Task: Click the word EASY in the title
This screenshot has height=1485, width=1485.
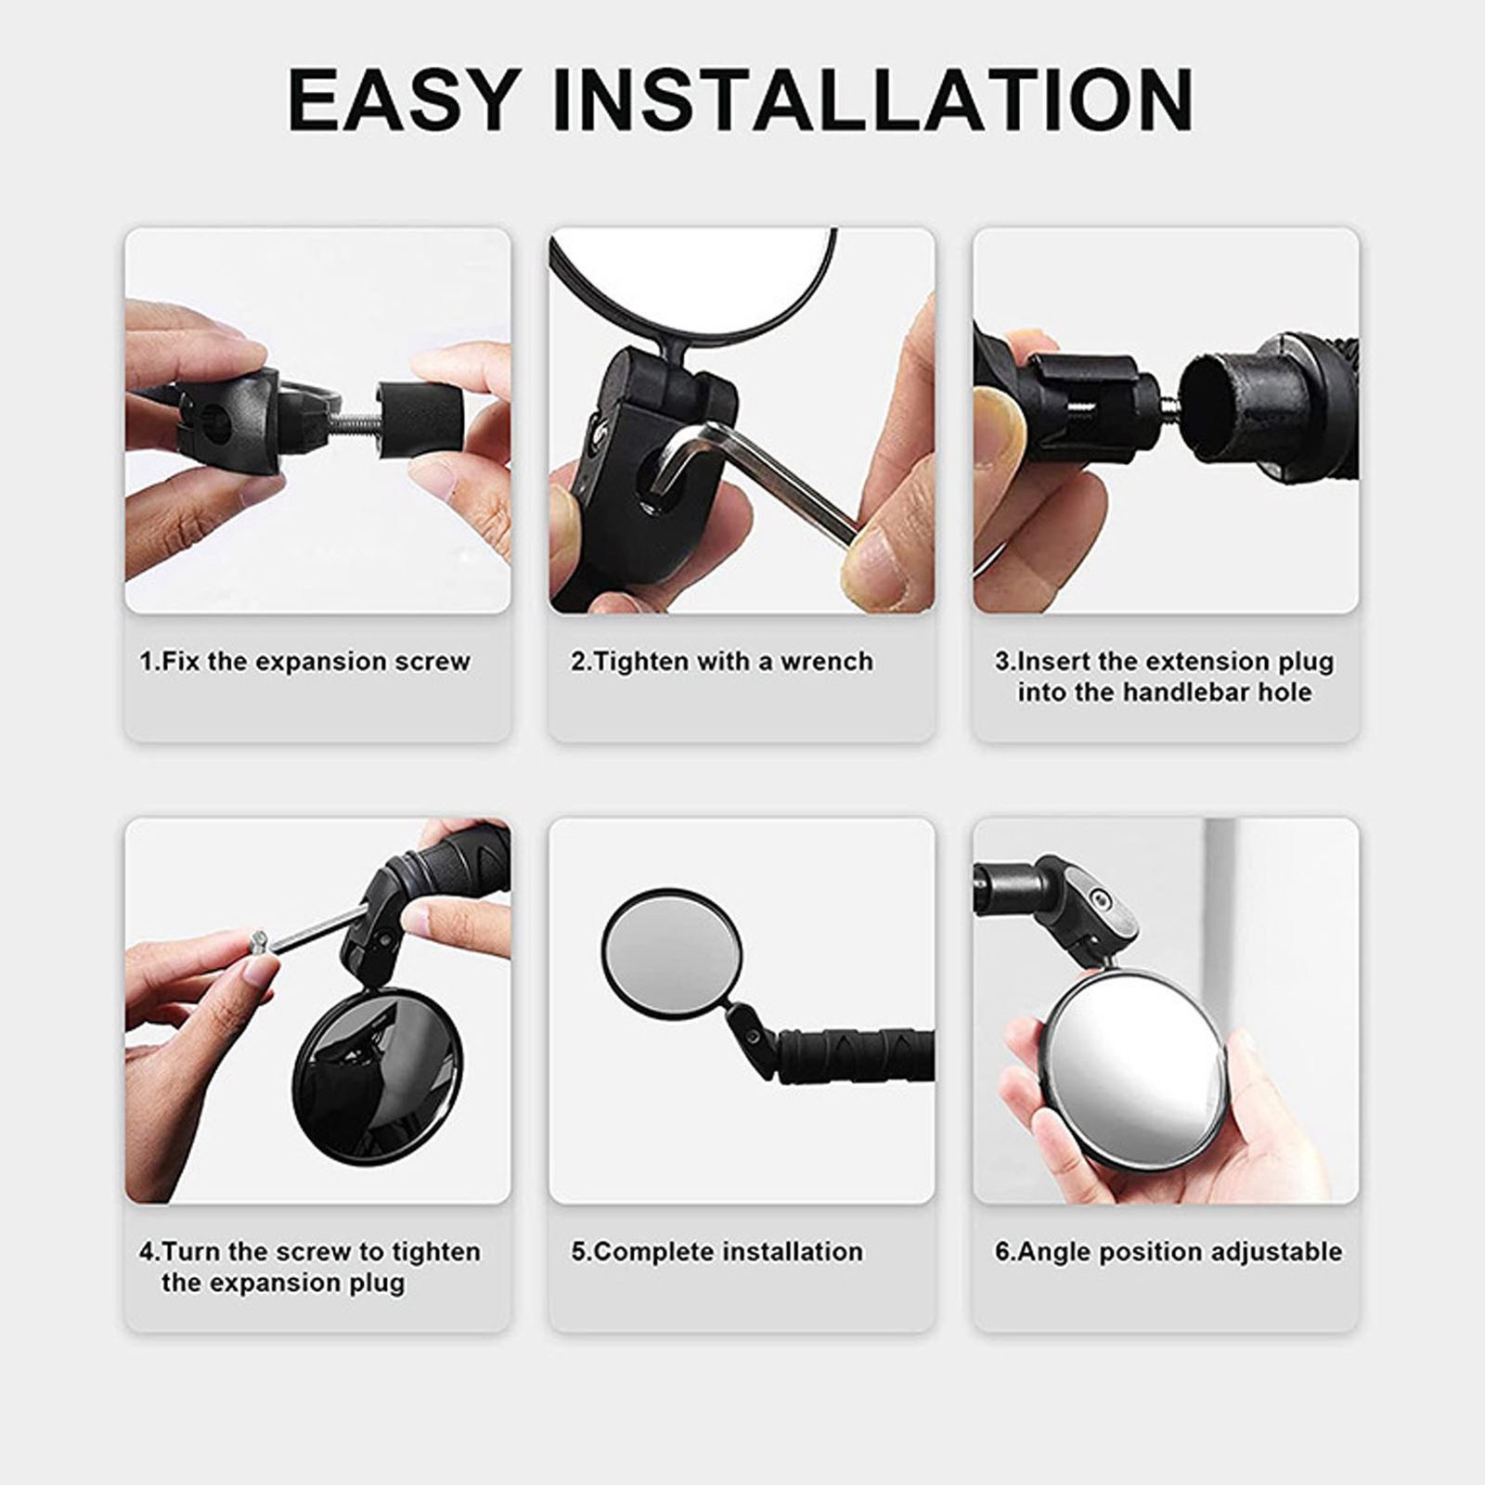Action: coord(405,99)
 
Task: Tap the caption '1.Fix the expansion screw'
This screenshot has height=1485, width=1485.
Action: coord(304,662)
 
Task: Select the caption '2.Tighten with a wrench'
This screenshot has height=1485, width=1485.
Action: coord(722,662)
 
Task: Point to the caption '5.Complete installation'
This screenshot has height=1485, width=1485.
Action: coord(717,1252)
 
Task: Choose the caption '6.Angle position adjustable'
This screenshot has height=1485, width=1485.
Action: coord(1169,1252)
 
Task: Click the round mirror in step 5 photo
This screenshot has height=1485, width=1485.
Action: coord(672,950)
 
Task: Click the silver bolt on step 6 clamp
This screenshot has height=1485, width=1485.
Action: coord(1101,897)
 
